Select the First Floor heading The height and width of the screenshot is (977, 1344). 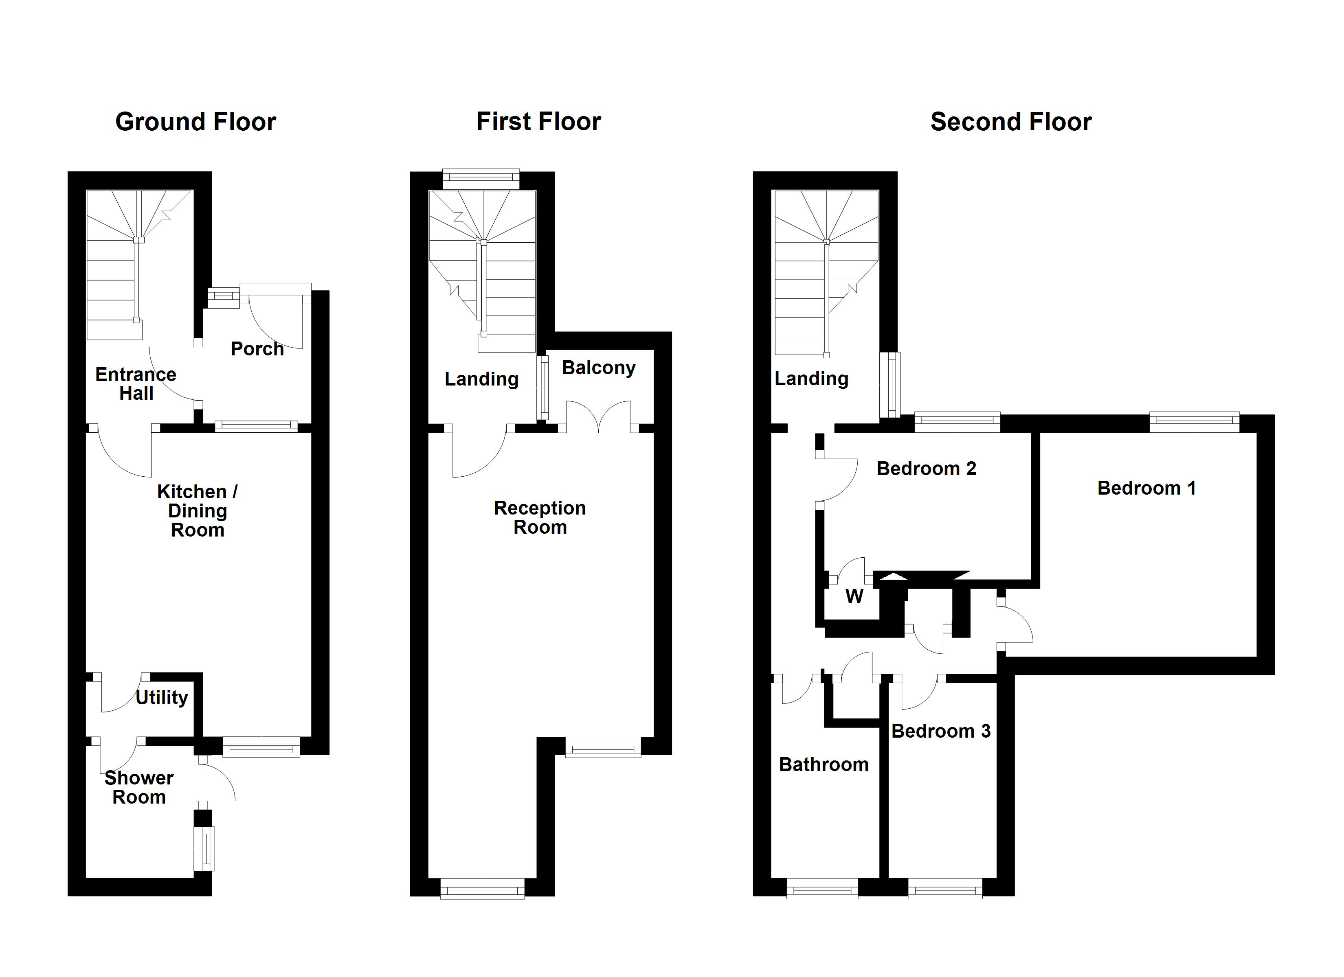pos(539,122)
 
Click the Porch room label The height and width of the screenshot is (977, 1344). pos(257,349)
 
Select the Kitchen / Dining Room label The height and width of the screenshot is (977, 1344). pos(198,511)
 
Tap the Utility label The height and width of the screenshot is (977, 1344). pos(162,697)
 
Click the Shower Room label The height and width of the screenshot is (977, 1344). pos(139,787)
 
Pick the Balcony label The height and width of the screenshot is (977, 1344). pos(599,368)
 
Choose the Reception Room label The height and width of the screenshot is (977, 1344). pos(540,517)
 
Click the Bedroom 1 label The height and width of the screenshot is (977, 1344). pos(1146,488)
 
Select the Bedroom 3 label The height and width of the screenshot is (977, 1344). pos(941,731)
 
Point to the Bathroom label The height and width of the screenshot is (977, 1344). pos(824,765)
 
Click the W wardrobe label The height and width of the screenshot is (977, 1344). pos(854,596)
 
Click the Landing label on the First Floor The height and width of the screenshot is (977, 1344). pos(482,379)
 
